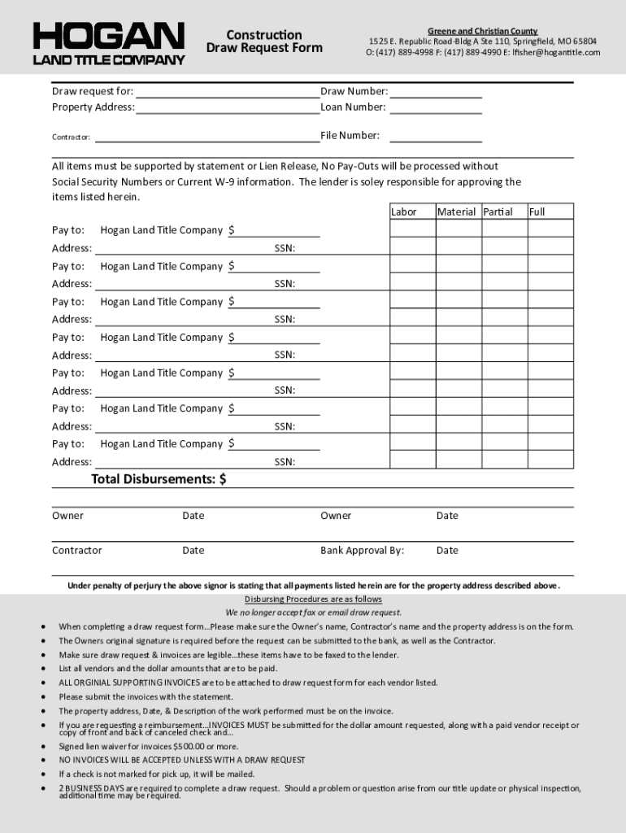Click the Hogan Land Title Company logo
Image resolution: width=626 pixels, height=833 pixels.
[x=109, y=43]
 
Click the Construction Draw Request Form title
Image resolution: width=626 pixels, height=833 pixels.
[x=264, y=41]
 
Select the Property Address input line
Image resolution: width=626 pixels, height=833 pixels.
[x=228, y=107]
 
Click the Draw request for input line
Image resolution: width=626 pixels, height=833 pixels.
[x=228, y=92]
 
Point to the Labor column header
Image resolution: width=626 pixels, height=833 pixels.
[x=404, y=212]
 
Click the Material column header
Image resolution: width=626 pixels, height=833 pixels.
[x=456, y=212]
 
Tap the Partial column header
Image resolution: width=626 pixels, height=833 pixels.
[x=498, y=212]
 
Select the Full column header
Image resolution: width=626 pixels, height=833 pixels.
[x=537, y=212]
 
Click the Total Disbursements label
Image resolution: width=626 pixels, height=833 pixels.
[x=159, y=480]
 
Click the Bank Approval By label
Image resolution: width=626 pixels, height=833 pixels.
[x=362, y=551]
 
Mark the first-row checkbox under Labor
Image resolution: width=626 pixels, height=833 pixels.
[x=411, y=229]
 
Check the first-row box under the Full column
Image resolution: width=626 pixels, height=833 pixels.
[x=550, y=229]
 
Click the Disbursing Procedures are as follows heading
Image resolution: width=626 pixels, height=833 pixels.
[x=313, y=600]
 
